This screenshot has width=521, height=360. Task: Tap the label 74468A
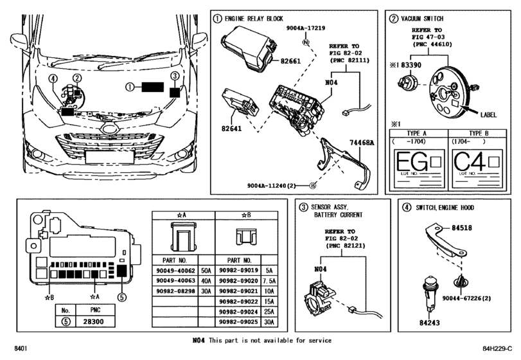pyautogui.click(x=362, y=142)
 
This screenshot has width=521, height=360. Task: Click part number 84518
pyautogui.click(x=461, y=228)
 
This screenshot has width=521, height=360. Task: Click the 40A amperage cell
pyautogui.click(x=205, y=281)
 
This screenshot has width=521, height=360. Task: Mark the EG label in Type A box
pyautogui.click(x=410, y=163)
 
